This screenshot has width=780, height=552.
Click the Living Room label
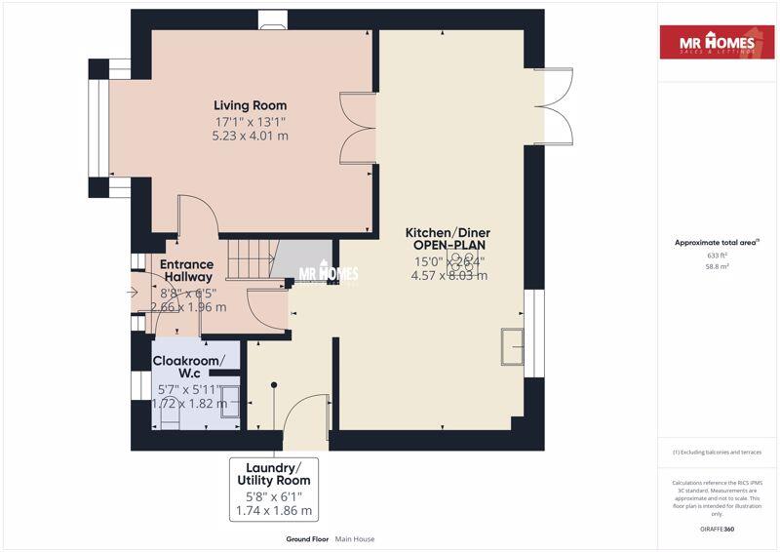click(251, 105)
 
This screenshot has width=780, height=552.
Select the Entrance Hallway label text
click(186, 271)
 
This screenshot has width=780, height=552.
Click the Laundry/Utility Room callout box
click(274, 489)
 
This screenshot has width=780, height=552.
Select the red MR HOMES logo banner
click(720, 43)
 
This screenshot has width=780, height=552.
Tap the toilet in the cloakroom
click(169, 415)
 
